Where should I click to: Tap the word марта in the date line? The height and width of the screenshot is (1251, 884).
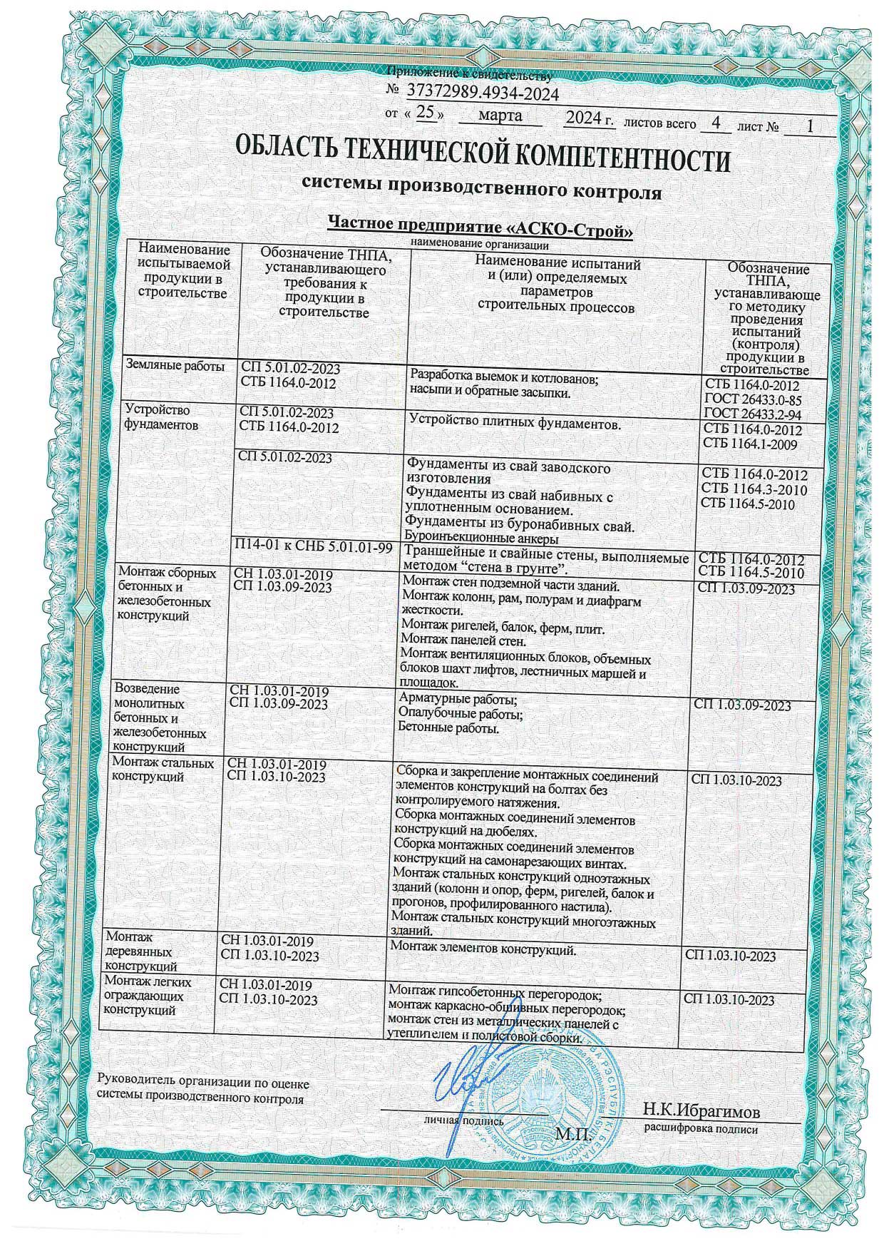click(x=500, y=116)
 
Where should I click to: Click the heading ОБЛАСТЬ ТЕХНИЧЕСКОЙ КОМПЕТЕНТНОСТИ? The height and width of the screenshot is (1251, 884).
click(x=482, y=158)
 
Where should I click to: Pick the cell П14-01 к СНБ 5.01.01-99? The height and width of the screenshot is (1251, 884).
click(x=314, y=548)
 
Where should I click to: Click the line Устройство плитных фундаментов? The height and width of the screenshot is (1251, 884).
click(x=512, y=425)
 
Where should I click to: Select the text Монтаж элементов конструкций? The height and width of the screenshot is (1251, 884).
click(x=483, y=949)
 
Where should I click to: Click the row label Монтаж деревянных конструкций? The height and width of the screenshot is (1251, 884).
click(x=140, y=951)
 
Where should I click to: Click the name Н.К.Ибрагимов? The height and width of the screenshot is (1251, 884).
click(x=701, y=1111)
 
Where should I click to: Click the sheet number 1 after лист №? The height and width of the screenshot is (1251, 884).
click(x=808, y=126)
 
